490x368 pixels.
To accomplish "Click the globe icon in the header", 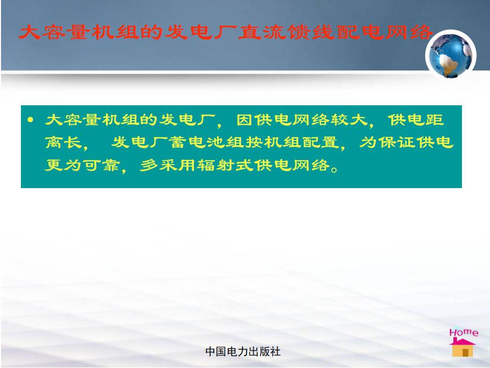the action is (x=451, y=55).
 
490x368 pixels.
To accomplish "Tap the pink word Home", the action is (x=464, y=332).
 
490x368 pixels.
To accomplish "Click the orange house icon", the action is (x=463, y=348).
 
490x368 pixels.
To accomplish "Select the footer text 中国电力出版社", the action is (x=243, y=352).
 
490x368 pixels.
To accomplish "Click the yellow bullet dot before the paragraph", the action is (x=30, y=120).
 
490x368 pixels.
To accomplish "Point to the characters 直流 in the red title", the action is (x=262, y=32).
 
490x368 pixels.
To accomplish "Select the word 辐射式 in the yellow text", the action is (x=225, y=165).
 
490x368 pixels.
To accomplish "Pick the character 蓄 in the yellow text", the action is (x=178, y=143).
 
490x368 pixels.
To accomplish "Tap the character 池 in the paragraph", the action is (x=216, y=143).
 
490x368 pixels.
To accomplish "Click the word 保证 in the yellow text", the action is (x=397, y=143).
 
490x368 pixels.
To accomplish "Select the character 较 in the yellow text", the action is (x=340, y=120).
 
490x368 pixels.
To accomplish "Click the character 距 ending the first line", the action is (x=434, y=120).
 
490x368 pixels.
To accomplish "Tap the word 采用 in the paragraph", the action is (x=177, y=165).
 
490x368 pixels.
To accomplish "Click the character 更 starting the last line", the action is (x=54, y=165).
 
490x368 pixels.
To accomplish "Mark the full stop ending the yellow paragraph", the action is (x=334, y=170).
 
